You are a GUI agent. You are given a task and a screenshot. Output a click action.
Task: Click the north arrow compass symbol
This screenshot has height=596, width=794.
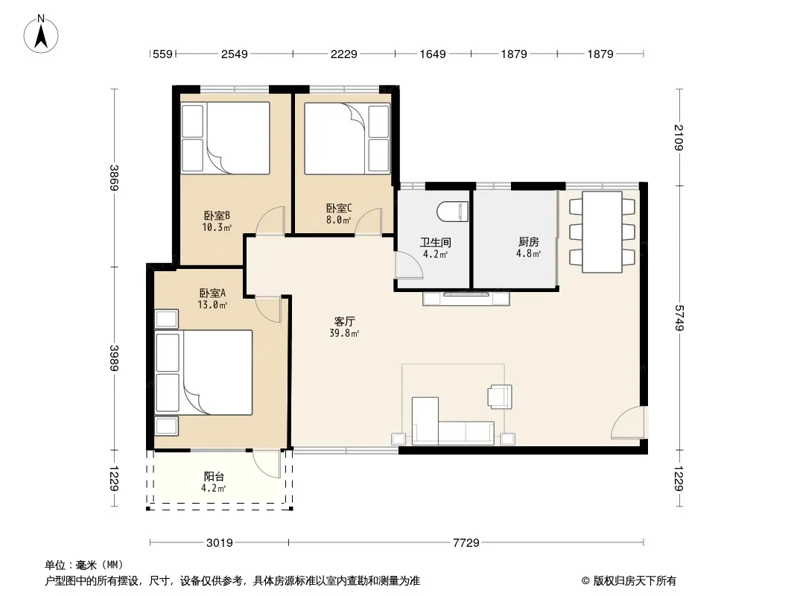click(x=41, y=34)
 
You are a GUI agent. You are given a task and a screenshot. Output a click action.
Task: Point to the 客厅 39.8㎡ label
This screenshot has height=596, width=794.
click(x=344, y=327)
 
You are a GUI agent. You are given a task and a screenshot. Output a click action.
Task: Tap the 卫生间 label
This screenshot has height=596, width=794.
click(x=436, y=243)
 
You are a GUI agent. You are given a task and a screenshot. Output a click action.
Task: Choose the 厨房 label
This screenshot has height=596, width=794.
click(x=528, y=241)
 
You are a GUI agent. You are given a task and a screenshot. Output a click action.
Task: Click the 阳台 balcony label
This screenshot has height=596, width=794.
click(x=214, y=476)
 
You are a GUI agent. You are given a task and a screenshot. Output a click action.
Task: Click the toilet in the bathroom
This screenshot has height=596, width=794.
click(x=453, y=212)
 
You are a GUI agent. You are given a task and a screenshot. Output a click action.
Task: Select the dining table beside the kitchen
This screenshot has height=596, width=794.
click(x=602, y=232)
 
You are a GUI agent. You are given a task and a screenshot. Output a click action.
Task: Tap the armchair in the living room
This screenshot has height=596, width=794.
click(x=500, y=396)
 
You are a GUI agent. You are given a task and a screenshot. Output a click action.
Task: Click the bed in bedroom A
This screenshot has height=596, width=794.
click(x=203, y=372)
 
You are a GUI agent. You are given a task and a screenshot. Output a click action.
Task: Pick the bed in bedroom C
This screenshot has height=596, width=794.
click(x=347, y=139)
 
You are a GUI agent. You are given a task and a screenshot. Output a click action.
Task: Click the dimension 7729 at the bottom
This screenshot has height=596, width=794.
click(x=466, y=543)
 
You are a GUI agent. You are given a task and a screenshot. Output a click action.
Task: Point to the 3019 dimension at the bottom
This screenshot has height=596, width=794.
click(x=219, y=543)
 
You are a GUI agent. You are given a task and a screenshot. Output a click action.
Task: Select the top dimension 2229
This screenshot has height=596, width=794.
click(x=344, y=54)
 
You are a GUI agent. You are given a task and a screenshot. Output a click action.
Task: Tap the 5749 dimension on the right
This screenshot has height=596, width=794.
click(x=679, y=317)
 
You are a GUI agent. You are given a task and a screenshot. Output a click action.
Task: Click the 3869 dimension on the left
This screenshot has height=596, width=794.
click(x=115, y=178)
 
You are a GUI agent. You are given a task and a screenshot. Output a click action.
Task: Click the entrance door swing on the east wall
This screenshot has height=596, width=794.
click(x=628, y=423)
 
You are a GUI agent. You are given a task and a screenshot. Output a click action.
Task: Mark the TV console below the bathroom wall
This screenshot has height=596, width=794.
click(x=466, y=299)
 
